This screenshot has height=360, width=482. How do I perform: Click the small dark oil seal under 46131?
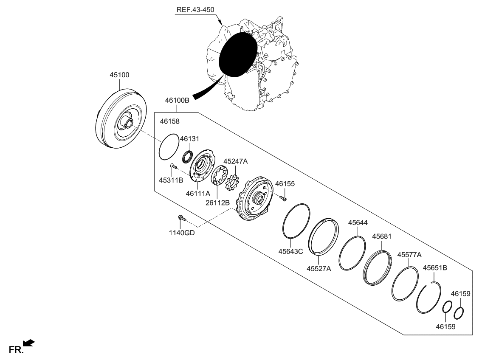point(187,157)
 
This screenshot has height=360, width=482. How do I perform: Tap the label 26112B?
point(217,203)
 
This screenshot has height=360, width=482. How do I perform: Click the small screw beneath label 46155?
point(283,197)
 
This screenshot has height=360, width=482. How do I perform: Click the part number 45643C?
point(290,251)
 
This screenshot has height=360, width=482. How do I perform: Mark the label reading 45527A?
point(319,268)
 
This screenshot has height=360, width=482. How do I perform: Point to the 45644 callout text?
point(358,222)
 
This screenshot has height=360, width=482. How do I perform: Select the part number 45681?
point(382,236)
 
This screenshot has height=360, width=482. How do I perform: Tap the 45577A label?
point(409,255)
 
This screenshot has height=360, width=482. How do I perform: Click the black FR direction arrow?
point(29,343)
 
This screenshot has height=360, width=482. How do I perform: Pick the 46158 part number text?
point(170,121)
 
